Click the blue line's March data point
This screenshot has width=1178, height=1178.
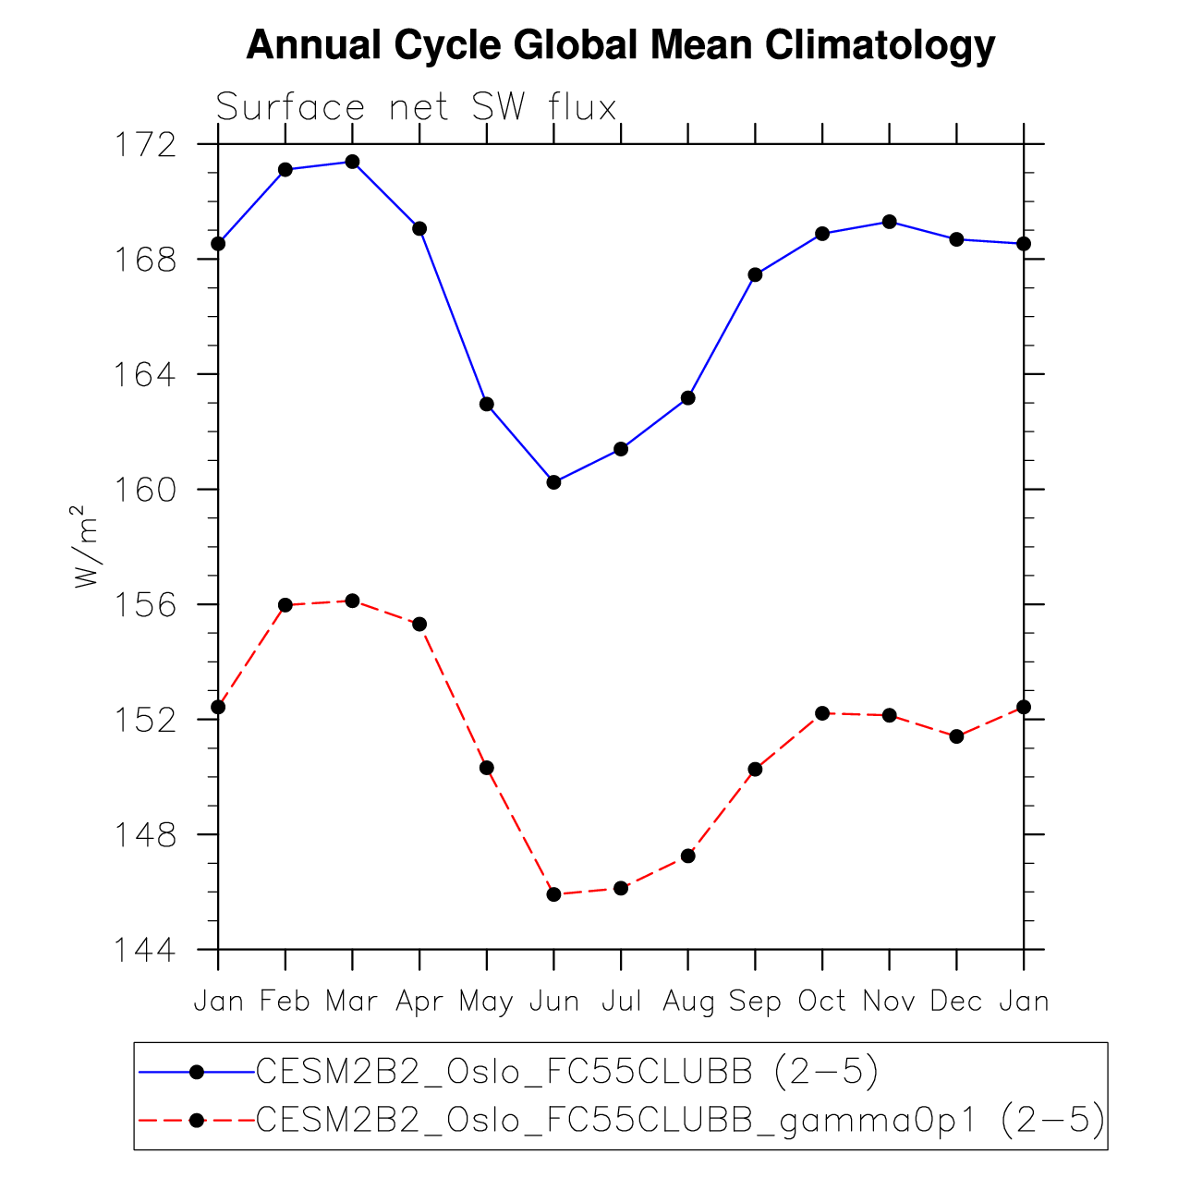click(x=352, y=162)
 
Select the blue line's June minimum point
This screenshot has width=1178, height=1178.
click(x=553, y=482)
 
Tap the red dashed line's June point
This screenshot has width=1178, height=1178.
click(x=553, y=894)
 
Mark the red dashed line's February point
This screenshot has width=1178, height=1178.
click(x=285, y=605)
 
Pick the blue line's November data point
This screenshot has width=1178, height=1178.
click(x=889, y=222)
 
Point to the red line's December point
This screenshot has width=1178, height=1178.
click(x=956, y=736)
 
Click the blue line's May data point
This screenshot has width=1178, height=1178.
click(x=487, y=404)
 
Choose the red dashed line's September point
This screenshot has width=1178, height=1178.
click(x=755, y=769)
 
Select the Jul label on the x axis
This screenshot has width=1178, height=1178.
click(x=621, y=1002)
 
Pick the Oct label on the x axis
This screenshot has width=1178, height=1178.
click(x=821, y=1002)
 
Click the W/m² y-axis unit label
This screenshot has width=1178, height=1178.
click(x=85, y=547)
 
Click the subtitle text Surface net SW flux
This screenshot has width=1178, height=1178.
click(x=416, y=108)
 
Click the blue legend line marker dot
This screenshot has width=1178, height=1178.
click(x=196, y=1072)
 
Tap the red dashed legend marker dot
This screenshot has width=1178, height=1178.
click(x=196, y=1121)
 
